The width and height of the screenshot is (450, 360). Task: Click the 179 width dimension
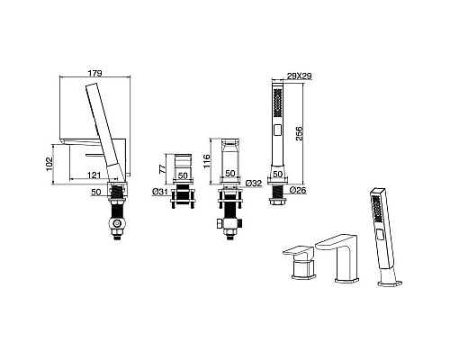tap(94, 73)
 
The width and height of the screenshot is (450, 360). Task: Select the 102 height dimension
tap(49, 164)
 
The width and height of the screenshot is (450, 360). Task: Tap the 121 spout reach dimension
tap(94, 175)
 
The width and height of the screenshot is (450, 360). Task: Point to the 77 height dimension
tap(162, 169)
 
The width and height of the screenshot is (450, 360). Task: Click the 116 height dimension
tap(207, 161)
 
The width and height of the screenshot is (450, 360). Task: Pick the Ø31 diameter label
tap(159, 192)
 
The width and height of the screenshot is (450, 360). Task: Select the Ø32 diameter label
tap(254, 183)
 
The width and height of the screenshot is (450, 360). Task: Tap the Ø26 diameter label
tap(298, 190)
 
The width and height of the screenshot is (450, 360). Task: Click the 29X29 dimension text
tap(300, 76)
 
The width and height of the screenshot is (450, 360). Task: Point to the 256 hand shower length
tap(300, 134)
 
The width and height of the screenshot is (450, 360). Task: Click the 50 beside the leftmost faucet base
tap(96, 192)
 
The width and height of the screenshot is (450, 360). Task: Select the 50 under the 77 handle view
tap(183, 175)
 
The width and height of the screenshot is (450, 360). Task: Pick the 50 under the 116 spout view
tap(230, 174)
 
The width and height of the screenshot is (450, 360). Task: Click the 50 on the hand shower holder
tap(278, 174)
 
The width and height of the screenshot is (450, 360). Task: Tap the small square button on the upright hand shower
tap(278, 130)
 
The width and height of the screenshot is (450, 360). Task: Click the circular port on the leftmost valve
tap(117, 223)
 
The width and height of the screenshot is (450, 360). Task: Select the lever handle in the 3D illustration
tap(300, 262)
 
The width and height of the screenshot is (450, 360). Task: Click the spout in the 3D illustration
tap(337, 257)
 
